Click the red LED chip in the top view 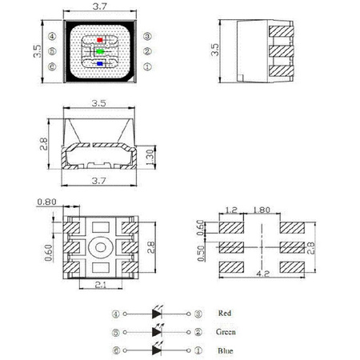point(98,38)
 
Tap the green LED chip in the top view point(98,51)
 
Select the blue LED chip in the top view point(98,64)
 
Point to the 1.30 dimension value point(150,154)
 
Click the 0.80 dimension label point(47,202)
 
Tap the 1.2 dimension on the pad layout point(231,210)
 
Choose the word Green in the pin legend point(226,331)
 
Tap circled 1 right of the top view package point(148,66)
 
